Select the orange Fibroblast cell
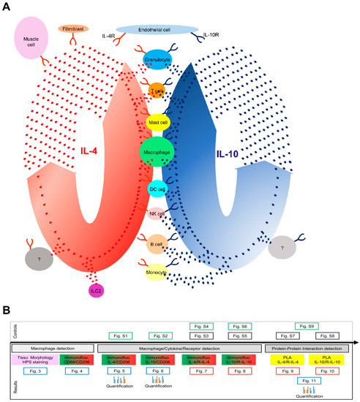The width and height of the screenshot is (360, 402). click(x=73, y=29)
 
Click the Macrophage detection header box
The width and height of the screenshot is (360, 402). click(x=50, y=348)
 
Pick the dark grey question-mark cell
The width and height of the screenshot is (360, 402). click(x=40, y=258)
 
